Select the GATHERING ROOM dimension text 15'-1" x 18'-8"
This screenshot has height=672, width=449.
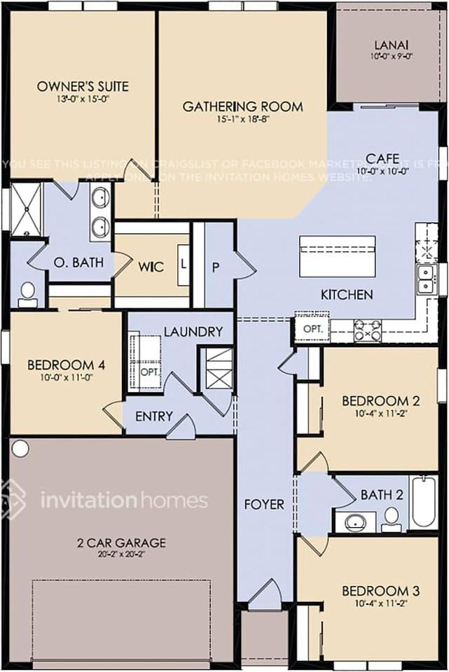coord(242,119)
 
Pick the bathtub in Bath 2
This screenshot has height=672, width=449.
coord(424,501)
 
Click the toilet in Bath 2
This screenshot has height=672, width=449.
coord(392,518)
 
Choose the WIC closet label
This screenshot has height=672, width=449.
coord(151,267)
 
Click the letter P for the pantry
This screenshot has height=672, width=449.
coord(216,267)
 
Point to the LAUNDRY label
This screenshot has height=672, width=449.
coord(193,331)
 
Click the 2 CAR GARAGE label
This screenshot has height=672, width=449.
coord(121,542)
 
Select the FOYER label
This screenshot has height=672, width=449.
coord(264,504)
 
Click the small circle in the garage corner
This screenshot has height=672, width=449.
coord(20,447)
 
